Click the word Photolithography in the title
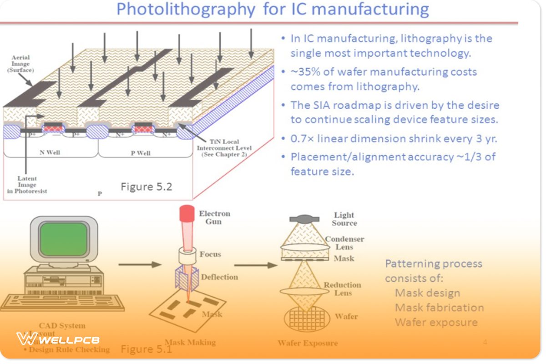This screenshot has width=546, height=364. pos(185,10)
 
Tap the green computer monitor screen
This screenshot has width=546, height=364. pos(63,239)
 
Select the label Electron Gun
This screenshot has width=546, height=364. pos(214,217)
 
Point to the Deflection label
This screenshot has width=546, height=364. pos(219,277)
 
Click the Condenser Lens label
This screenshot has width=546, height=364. pos(344,243)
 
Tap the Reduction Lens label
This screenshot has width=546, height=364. pos(342,289)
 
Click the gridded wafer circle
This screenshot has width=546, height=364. pos(307,318)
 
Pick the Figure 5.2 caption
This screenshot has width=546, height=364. pos(146,187)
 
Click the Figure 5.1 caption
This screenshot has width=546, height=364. pos(146,349)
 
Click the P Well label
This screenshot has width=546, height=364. pos(141,153)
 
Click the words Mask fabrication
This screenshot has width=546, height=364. pos(439,308)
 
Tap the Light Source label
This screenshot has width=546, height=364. pos(344,219)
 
